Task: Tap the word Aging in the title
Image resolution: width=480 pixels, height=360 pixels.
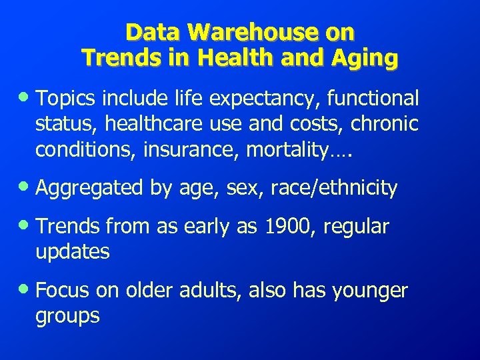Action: point(369,58)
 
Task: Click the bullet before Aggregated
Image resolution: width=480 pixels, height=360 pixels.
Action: point(27,188)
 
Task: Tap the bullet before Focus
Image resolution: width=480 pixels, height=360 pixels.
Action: point(27,290)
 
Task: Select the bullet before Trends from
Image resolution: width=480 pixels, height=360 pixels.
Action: point(27,226)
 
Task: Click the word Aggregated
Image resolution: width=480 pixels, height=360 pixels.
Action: point(89,189)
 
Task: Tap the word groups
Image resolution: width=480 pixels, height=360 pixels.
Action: point(67,315)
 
